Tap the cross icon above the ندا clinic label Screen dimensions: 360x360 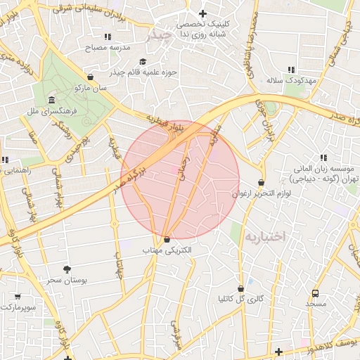(x=203, y=13)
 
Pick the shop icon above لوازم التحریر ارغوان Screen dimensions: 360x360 (x=262, y=182)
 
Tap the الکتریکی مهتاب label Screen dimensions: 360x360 (x=167, y=250)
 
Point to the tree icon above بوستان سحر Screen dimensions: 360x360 (x=67, y=269)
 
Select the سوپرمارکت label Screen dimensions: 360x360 (x=19, y=307)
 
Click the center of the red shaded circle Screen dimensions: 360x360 (x=180, y=179)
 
